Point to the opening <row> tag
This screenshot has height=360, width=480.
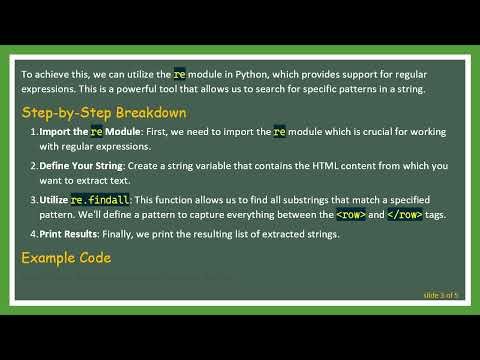click(350, 214)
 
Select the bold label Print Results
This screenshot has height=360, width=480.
click(71, 234)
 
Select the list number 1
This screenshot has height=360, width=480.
click(33, 132)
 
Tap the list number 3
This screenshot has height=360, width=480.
click(33, 200)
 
